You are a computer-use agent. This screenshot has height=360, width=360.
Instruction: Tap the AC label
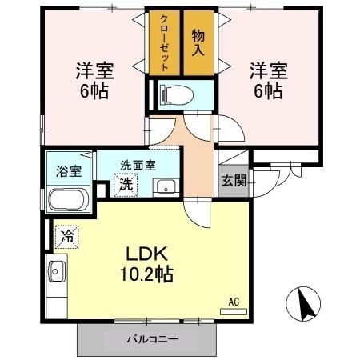point(234,302)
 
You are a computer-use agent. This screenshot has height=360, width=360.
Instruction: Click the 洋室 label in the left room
point(94,70)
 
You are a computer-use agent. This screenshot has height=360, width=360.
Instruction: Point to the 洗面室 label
point(138,166)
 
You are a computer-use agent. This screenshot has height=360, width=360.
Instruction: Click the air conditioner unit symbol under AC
point(234,311)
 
